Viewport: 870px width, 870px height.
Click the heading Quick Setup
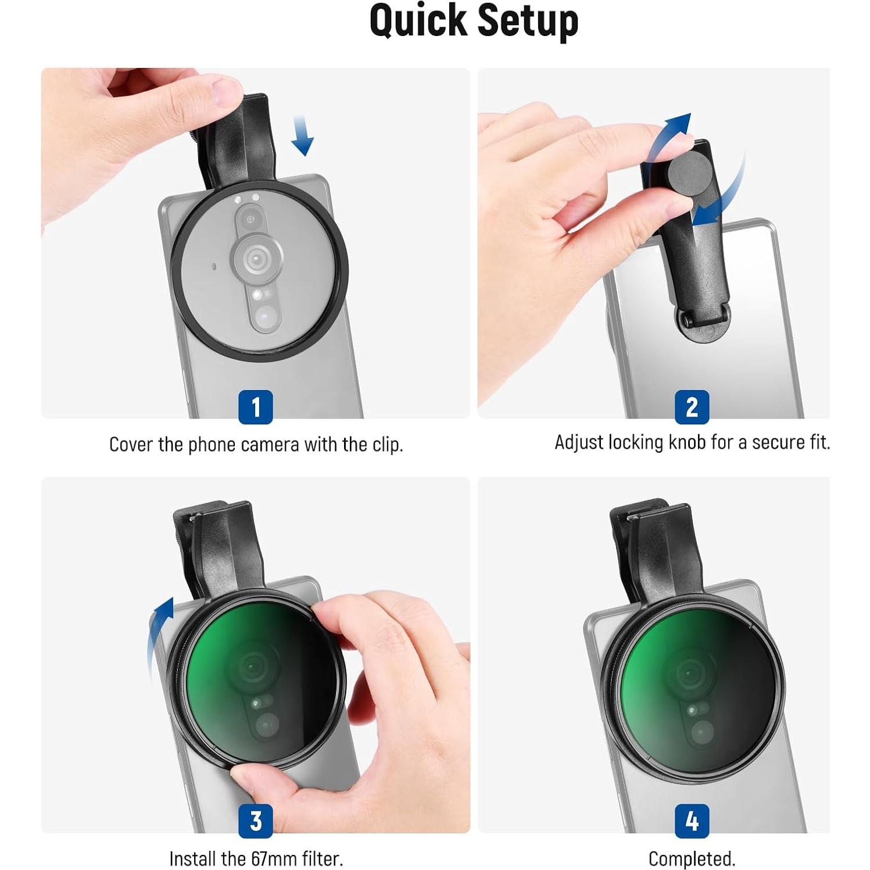[x=474, y=21]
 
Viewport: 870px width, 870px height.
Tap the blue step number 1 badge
[x=255, y=407]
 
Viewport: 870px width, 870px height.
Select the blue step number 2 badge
[x=692, y=407]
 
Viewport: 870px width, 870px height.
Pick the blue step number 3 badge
[x=255, y=821]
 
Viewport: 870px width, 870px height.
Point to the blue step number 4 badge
[x=692, y=821]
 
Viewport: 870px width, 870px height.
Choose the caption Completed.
[x=692, y=858]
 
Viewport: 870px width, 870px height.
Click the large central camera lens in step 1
[x=256, y=258]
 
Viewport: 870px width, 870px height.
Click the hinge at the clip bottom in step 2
[x=703, y=319]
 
